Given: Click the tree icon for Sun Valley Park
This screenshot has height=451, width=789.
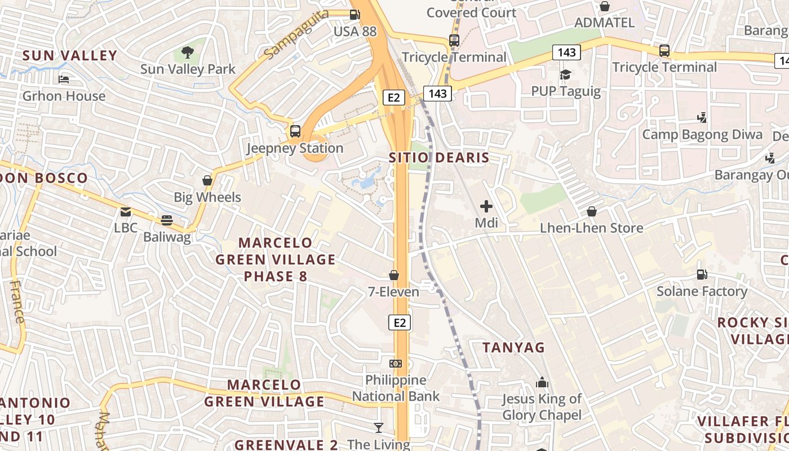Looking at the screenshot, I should pos(188,53).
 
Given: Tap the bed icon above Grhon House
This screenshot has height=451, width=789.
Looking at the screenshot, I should pos(64,79).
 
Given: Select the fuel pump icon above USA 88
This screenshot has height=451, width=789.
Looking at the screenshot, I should pos(354,15).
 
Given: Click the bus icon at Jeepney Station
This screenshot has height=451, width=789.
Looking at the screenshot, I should pos(295,131).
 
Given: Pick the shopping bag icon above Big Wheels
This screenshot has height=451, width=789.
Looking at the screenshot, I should pos(207,180).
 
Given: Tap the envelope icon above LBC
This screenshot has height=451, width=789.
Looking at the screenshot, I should pos(126,212).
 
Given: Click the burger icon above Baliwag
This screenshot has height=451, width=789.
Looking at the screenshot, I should pos(166,220).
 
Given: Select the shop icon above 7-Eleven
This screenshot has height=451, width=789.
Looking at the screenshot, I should pos(394,275).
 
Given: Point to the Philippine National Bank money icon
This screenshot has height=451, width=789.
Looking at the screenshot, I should pos(396,364).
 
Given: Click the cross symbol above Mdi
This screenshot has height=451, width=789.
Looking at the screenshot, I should pos(486,206).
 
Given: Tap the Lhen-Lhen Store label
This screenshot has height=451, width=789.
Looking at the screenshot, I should pos(591,228).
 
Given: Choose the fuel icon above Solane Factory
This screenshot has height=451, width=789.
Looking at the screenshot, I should pos(702,275).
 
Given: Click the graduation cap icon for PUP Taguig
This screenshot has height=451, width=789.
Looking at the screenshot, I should pos(565,74).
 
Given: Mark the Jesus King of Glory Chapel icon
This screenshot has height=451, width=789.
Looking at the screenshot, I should pos(542,383).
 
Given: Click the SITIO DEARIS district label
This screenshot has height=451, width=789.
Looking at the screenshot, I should pos(439,158).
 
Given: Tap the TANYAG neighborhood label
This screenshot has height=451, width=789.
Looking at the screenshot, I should pos(513,347).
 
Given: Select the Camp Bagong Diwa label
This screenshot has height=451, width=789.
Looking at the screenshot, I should pos(702,135).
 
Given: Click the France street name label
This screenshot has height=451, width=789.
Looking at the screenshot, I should pos(17,302).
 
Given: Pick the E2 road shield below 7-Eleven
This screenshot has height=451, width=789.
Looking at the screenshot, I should pos(399,322).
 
